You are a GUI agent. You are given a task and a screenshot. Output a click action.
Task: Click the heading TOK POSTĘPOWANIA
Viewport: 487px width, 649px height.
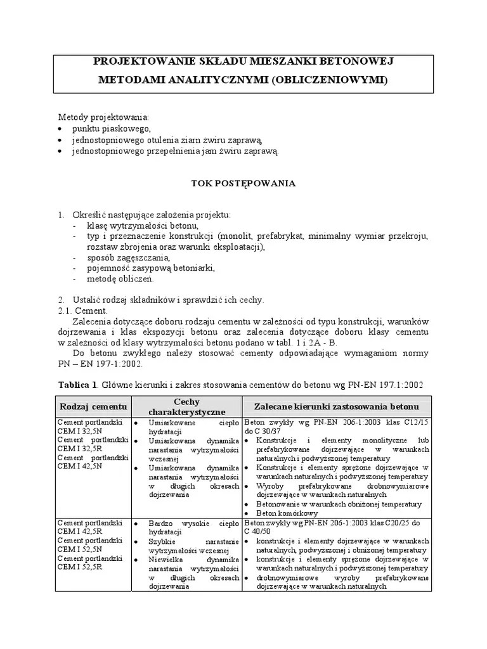coord(243,183)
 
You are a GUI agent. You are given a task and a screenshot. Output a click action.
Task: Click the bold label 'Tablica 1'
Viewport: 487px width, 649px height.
coord(78,385)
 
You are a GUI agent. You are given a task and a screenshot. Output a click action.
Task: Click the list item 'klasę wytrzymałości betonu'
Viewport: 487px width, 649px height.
coord(143,226)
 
